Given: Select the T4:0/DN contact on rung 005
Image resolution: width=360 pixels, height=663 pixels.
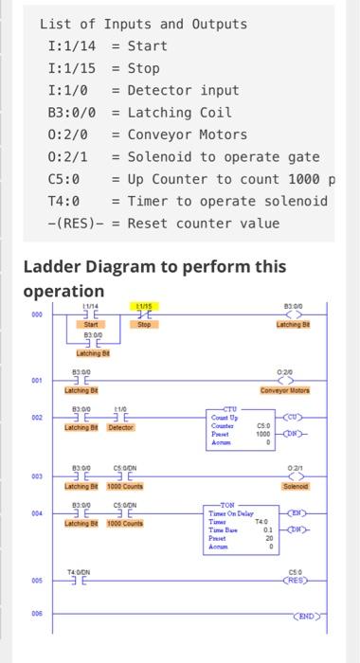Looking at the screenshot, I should (x=79, y=577).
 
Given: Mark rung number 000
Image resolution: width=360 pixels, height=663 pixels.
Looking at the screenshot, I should (x=37, y=315).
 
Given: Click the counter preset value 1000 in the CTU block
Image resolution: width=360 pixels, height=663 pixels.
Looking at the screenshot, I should (x=263, y=434).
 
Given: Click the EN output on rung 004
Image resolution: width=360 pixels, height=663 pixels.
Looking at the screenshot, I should (x=297, y=514).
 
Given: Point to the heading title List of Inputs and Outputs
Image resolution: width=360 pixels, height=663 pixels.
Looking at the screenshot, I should (x=143, y=24).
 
